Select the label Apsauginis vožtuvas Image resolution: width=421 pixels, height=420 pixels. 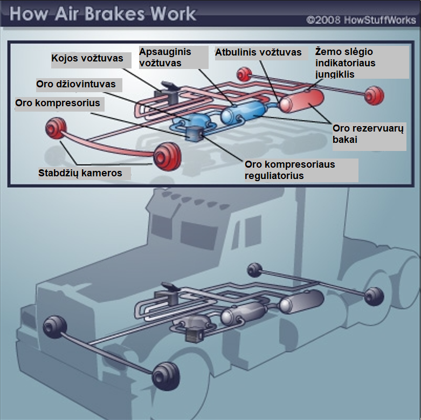point(165,58)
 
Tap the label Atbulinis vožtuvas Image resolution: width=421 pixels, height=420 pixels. point(259,53)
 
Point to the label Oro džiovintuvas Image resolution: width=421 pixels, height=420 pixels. point(75,85)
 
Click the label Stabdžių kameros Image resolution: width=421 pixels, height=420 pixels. point(80,174)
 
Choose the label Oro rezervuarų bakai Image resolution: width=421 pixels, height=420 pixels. point(369,134)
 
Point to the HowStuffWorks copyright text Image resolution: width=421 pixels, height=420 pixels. point(361,20)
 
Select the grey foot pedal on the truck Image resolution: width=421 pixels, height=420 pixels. point(167,286)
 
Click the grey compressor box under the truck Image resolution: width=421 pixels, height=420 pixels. point(193,335)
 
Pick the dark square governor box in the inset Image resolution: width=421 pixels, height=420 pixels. point(194,134)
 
